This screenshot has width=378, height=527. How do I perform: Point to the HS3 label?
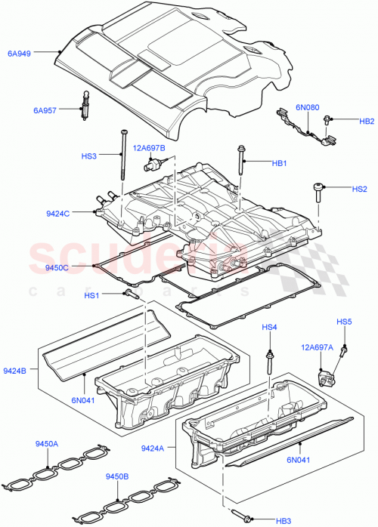coord(90,156)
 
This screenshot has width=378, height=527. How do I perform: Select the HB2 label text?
coord(367,121)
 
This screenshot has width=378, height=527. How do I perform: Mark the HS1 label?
coord(92,294)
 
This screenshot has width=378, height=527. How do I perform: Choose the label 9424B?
coord(15,371)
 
